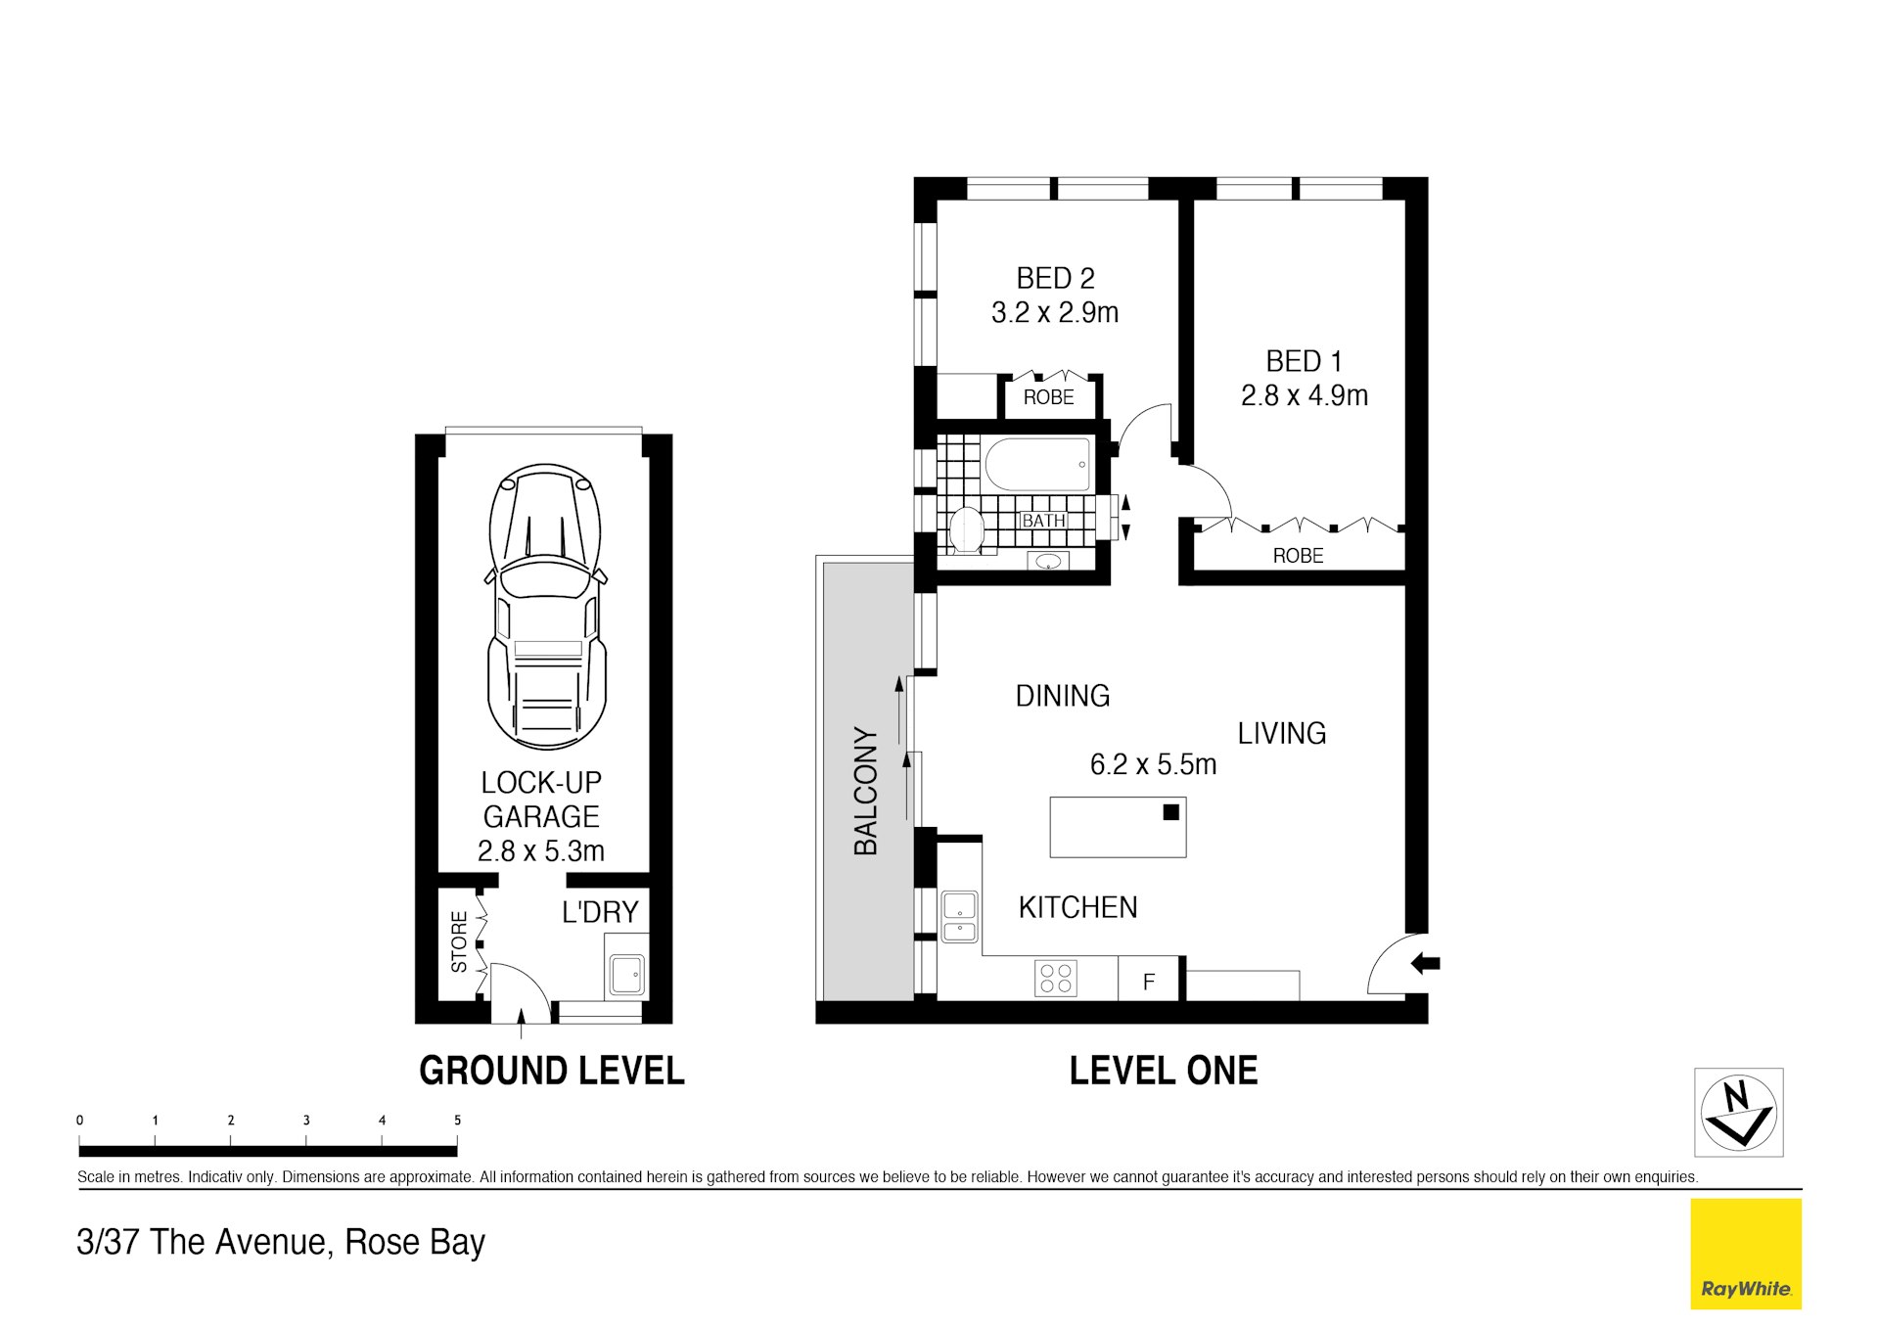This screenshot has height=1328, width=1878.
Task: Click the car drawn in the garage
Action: tap(546, 607)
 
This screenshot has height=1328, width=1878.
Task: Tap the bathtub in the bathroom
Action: tap(1037, 465)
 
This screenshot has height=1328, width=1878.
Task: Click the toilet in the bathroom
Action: tap(966, 530)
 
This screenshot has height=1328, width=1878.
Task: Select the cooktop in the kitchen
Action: tap(1056, 979)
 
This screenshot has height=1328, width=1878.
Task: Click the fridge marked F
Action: tap(1148, 981)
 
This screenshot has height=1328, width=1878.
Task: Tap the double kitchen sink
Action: tap(959, 917)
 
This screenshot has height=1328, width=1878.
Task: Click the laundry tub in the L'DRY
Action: tap(626, 975)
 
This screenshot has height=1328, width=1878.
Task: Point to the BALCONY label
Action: tap(866, 791)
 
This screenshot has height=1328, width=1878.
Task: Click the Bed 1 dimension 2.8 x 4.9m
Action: tap(1304, 396)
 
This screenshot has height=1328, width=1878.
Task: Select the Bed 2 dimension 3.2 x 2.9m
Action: tap(1054, 313)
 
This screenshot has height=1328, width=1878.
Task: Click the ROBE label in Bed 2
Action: tap(1048, 397)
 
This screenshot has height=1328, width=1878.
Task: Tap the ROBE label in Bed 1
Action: tap(1298, 556)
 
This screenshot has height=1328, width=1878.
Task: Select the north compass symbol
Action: tap(1738, 1112)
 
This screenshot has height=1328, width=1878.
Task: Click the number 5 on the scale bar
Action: tap(457, 1121)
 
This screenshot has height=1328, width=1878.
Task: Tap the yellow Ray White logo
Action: tap(1745, 1254)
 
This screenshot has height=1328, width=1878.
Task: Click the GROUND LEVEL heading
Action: tap(551, 1071)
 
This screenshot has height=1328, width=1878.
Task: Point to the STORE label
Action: tap(459, 941)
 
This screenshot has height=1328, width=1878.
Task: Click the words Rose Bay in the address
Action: tap(415, 1242)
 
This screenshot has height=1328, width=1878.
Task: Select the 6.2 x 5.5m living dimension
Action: tap(1153, 765)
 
